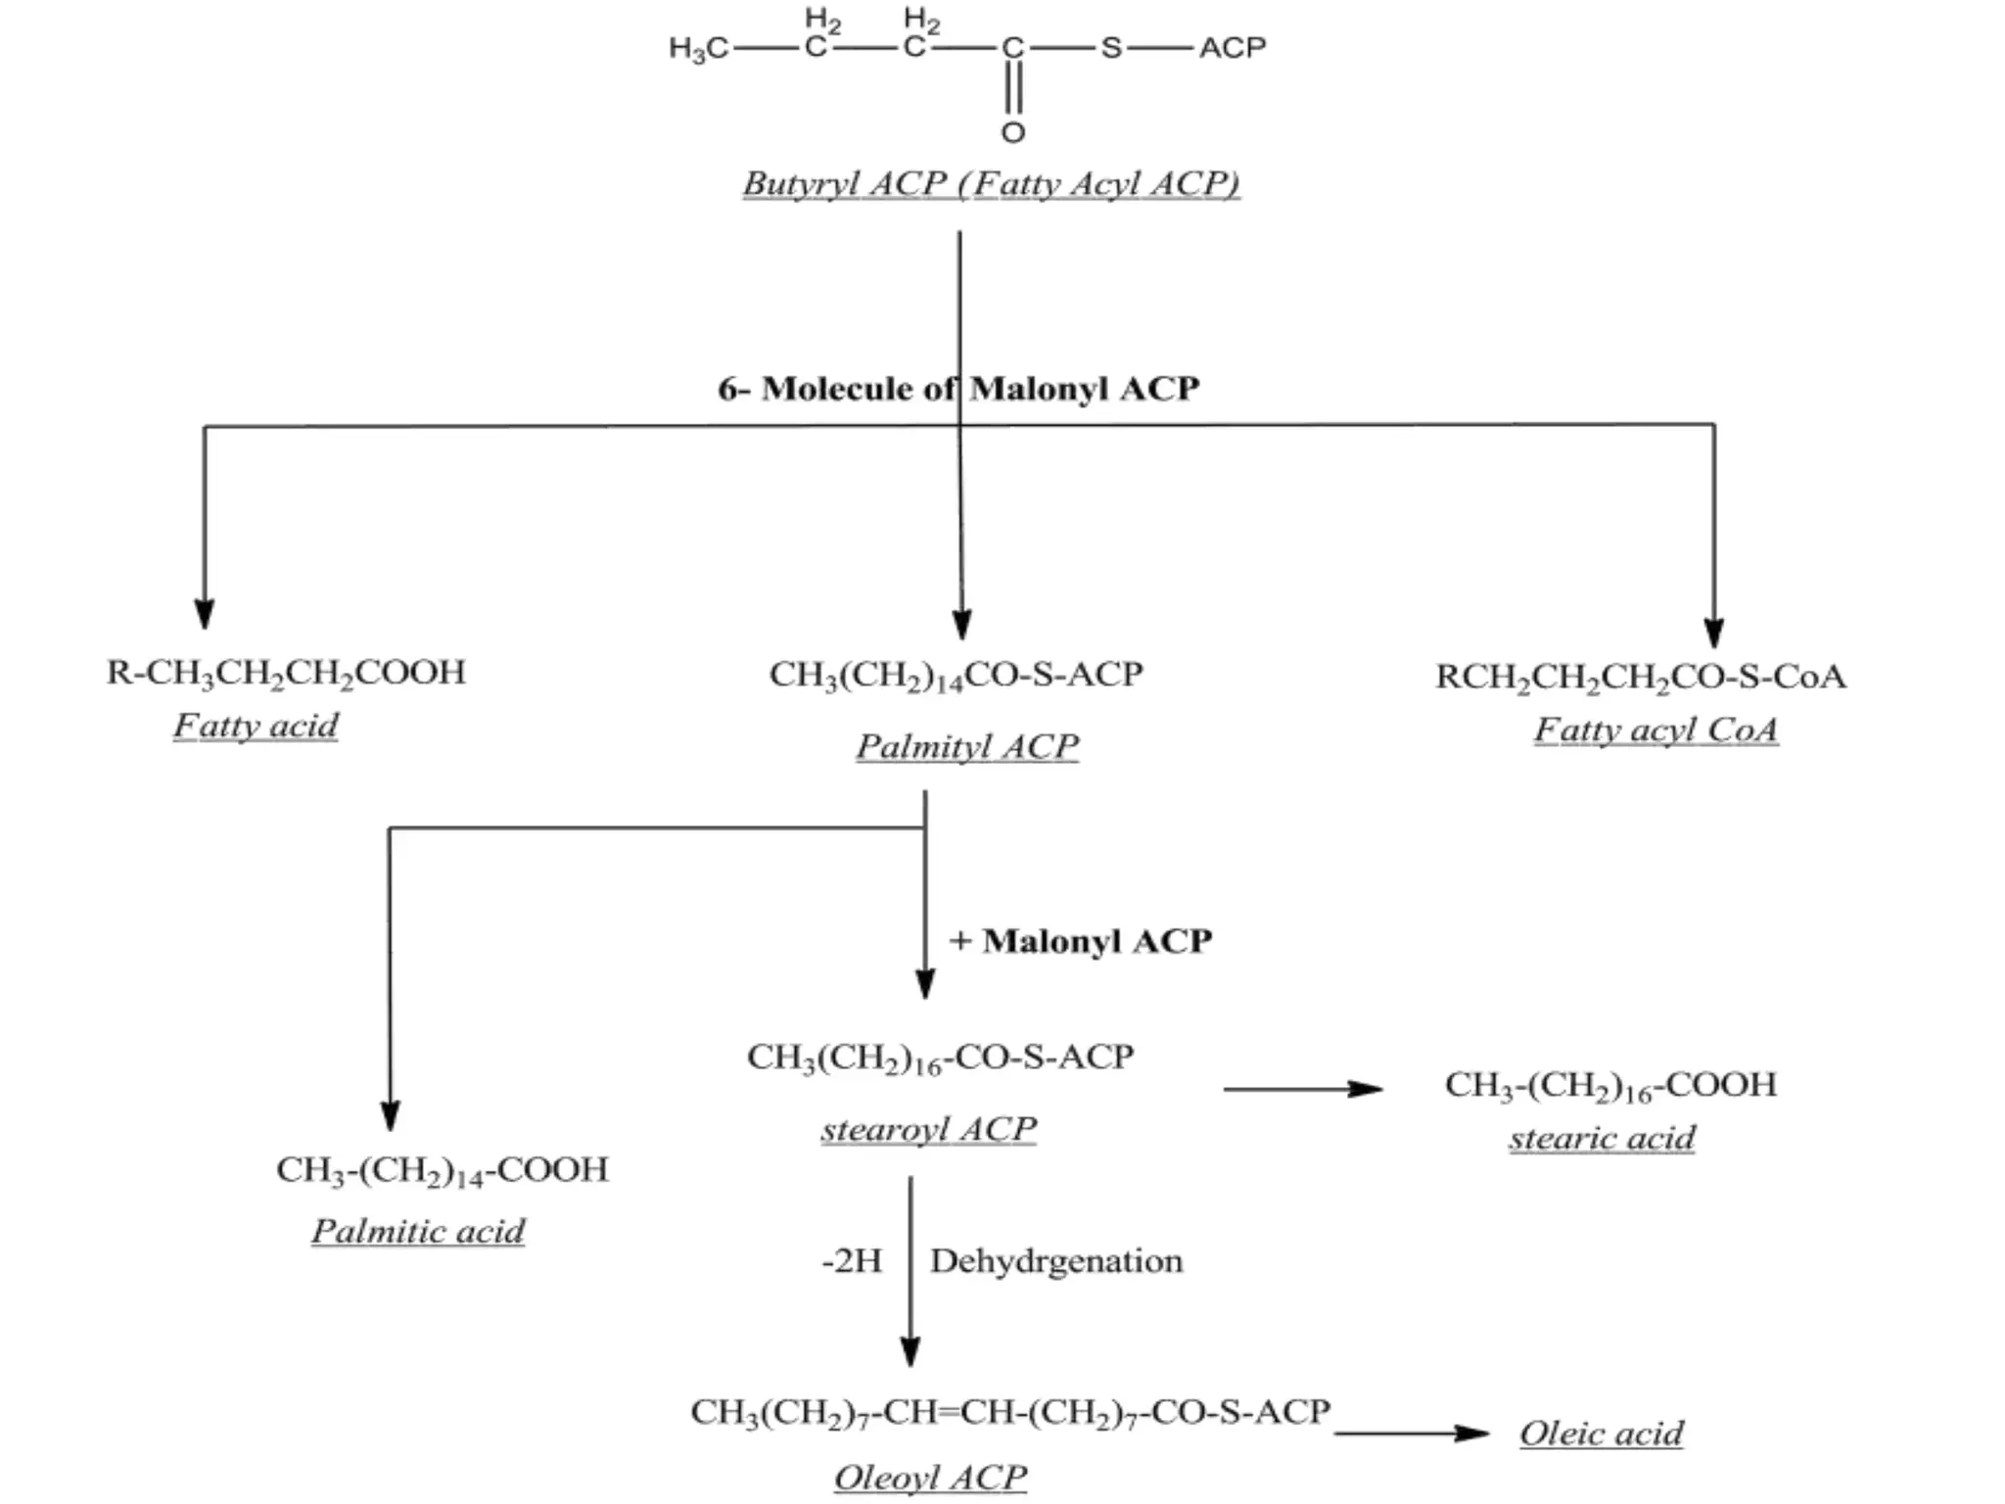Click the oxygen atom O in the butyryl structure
pos(1013,132)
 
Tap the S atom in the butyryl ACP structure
pos(1110,47)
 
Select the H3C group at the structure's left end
pos(698,48)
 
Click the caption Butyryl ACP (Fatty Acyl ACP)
pos(991,183)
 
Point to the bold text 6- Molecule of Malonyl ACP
pos(957,389)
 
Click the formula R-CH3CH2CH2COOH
pos(286,673)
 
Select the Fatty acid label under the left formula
pos(256,726)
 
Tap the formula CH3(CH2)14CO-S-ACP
pos(956,675)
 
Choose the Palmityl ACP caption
pos(967,746)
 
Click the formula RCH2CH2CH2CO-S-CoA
pos(1641,677)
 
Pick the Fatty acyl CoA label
pos(1655,729)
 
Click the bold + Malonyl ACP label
pos(1081,941)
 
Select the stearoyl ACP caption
pos(928,1129)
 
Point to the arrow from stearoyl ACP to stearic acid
pos(1302,1089)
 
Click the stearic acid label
pos(1602,1138)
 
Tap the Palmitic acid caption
pos(418,1231)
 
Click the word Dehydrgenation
pos(1056,1261)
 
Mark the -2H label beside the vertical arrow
pos(852,1261)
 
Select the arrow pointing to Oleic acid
pos(1412,1433)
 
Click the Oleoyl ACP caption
pos(930,1477)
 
